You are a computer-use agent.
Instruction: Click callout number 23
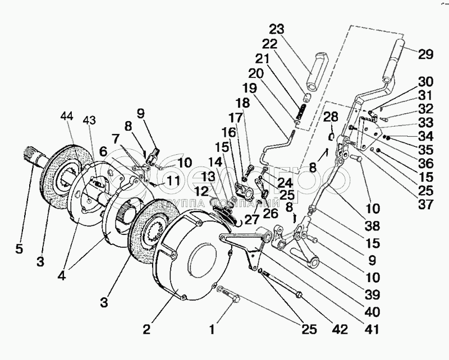(x=277, y=29)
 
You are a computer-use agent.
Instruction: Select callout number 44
(x=66, y=116)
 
